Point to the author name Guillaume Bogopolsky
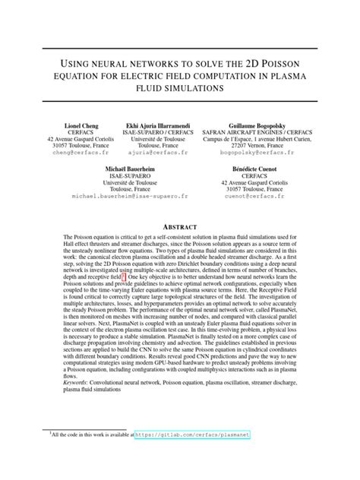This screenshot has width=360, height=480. coord(263,125)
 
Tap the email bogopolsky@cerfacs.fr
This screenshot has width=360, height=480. coord(263,153)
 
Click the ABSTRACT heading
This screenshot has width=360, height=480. coord(180,227)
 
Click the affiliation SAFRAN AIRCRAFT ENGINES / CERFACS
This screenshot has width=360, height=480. coord(263,132)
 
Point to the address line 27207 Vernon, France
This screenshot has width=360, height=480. coord(263,146)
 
